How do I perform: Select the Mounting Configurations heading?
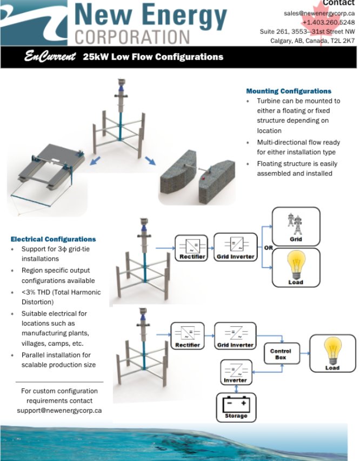(x=289, y=91)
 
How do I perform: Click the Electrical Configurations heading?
(x=54, y=239)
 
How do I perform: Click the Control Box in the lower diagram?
(x=281, y=354)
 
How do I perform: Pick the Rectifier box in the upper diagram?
(x=191, y=247)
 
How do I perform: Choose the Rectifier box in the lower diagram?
(x=188, y=335)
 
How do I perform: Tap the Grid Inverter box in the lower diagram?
(x=235, y=335)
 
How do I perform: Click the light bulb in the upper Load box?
(x=296, y=265)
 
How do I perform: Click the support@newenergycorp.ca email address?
(x=59, y=411)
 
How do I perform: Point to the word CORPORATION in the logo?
(x=132, y=37)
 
